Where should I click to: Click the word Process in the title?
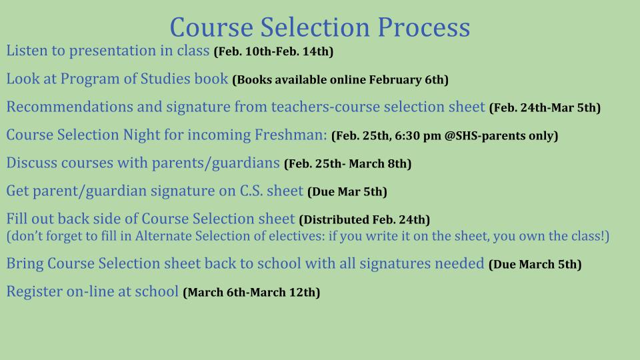(424, 27)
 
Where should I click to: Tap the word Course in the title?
(211, 27)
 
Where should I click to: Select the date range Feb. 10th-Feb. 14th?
(273, 51)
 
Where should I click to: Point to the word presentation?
(113, 51)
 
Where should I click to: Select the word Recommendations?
(69, 107)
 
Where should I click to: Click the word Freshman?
(291, 135)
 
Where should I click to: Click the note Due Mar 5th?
(347, 192)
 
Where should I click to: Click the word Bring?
(25, 264)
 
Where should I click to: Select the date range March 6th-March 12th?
(251, 293)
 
